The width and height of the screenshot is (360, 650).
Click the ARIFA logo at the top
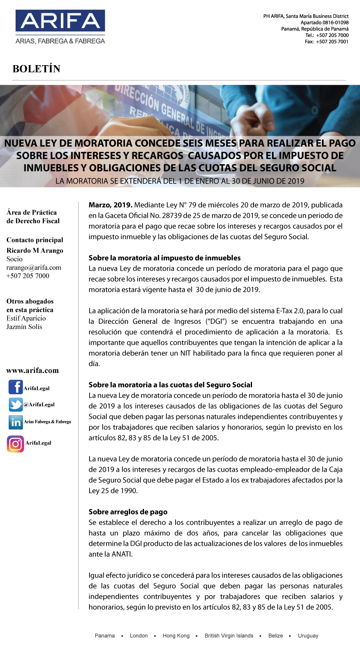60,26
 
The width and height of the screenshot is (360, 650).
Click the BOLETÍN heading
36,69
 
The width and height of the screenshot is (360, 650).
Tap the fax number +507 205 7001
332,42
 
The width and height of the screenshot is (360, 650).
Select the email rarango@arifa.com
34,267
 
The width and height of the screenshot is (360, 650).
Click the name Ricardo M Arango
35,250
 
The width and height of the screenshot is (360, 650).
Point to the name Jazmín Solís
24,327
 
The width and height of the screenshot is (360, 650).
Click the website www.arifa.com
32,371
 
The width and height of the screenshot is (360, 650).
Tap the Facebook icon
16,387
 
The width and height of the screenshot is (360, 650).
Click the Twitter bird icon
16,405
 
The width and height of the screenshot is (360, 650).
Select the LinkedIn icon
16,422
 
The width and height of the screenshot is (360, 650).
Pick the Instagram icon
16,444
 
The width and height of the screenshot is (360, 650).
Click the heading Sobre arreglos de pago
128,512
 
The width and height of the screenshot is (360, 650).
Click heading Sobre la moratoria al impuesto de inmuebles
164,258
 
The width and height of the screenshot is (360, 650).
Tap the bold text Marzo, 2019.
110,205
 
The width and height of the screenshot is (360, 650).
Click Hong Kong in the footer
176,636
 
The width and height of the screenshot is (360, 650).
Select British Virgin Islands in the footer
229,636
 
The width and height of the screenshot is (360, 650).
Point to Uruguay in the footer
308,636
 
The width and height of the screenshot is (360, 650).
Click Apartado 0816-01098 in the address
324,23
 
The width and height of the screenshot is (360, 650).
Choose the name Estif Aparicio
26,318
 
